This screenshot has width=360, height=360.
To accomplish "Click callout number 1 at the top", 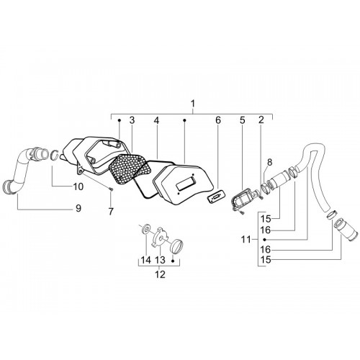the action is [x=192, y=104].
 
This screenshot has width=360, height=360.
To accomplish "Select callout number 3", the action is [x=132, y=120].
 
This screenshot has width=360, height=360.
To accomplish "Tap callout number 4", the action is [x=156, y=120].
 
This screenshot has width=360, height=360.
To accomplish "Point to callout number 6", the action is [x=218, y=120].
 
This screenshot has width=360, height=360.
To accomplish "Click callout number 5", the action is [x=242, y=120].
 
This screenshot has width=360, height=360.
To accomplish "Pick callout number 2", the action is [x=261, y=120].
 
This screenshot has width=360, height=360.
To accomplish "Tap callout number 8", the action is [x=270, y=162].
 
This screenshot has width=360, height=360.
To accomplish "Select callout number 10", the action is [x=78, y=186].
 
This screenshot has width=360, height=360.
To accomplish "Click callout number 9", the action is [x=78, y=208].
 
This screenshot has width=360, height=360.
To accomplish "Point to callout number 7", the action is [x=111, y=212].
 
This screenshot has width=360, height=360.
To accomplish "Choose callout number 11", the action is [x=246, y=240].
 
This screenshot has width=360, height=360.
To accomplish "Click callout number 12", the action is [x=160, y=274].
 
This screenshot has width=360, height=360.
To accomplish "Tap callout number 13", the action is [x=160, y=260].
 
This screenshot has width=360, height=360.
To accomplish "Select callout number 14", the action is [x=146, y=260].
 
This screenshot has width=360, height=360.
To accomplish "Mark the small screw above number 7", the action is [x=111, y=189].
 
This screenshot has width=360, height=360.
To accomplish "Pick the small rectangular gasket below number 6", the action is [x=216, y=197].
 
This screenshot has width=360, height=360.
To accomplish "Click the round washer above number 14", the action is [x=146, y=228].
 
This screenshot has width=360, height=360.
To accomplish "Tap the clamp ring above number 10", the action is [x=55, y=155].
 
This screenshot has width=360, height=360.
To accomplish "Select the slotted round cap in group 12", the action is [x=176, y=246].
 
